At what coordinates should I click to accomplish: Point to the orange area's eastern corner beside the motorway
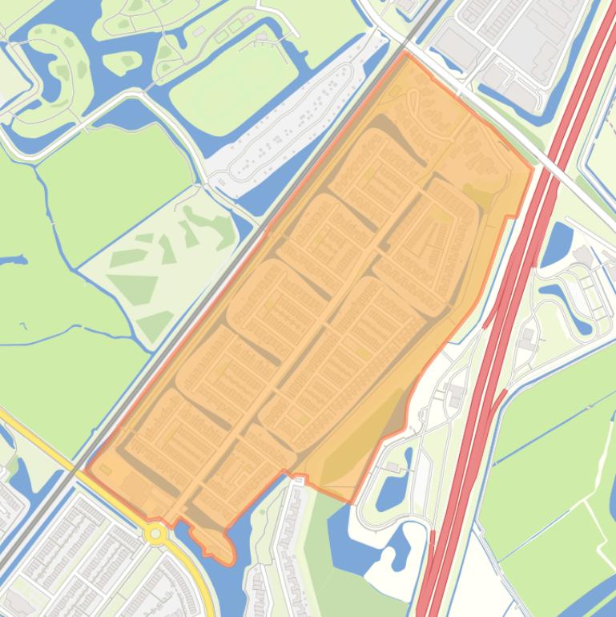pyautogui.click(x=532, y=169)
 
